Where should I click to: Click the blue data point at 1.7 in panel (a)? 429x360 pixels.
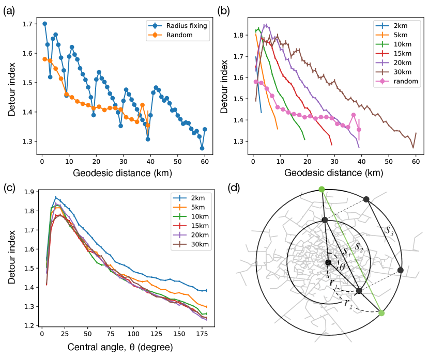click(x=44, y=24)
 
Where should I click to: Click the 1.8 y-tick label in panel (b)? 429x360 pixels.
click(x=238, y=35)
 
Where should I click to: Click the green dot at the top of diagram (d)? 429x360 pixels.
click(x=321, y=190)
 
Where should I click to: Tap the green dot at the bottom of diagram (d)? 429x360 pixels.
click(x=381, y=313)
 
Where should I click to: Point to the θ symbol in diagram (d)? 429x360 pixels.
click(x=342, y=268)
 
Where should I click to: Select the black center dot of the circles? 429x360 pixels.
click(x=328, y=263)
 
